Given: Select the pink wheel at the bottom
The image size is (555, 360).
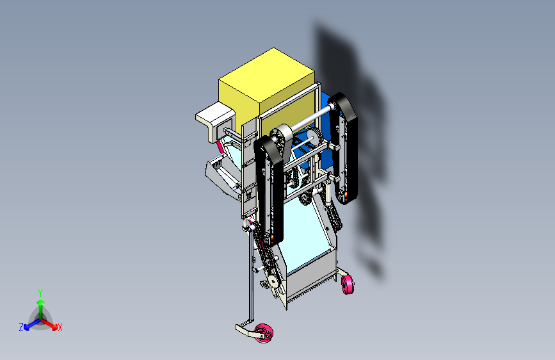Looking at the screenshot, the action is coord(264,333).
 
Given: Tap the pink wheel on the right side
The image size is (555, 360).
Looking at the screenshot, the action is coord(348,284).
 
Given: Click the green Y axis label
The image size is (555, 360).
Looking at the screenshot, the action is coord(40,293).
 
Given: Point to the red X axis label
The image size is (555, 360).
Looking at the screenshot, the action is coord(60,328).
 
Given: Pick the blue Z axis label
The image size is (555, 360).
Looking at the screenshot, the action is coord(21,327).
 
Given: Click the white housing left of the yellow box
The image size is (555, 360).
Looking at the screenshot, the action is coord(215,120).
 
